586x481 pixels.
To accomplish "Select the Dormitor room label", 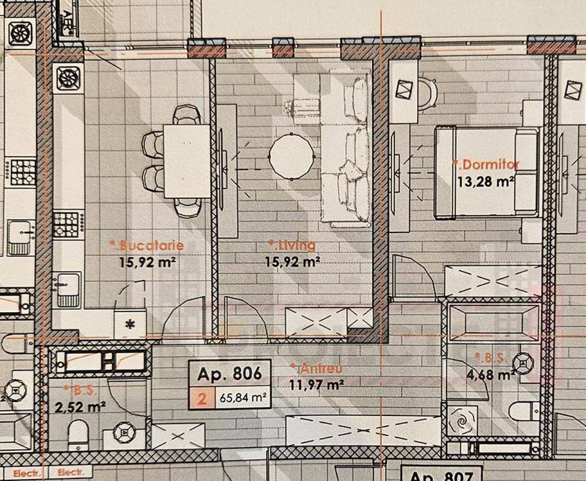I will coord(486,164).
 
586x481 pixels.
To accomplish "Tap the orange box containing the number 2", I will coord(201,399).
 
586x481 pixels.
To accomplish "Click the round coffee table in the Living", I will coord(292,156).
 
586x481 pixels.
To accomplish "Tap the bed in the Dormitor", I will coord(486,171).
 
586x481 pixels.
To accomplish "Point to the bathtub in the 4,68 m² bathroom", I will coord(493,322).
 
